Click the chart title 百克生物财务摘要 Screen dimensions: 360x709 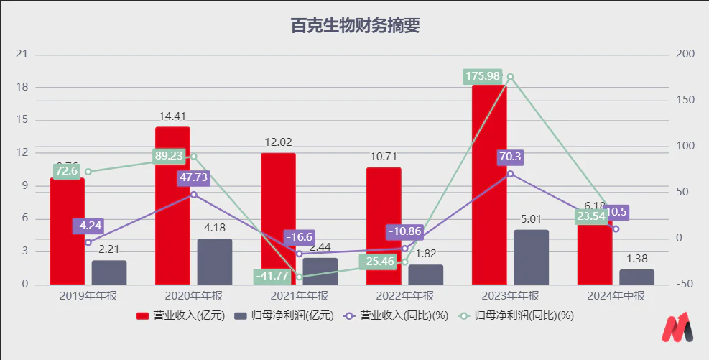tap(355, 26)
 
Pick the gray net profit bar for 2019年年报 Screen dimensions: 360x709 tap(109, 272)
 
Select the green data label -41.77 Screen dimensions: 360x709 tap(274, 276)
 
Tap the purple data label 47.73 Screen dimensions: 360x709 tap(194, 177)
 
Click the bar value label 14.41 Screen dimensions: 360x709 tap(172, 115)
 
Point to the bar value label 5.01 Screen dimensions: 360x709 tap(532, 218)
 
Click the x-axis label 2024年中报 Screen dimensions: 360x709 tap(616, 296)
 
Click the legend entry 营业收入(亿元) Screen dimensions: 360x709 tap(174, 315)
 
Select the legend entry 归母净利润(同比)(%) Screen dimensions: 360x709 tap(520, 315)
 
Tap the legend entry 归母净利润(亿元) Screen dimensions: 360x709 tap(274, 315)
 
